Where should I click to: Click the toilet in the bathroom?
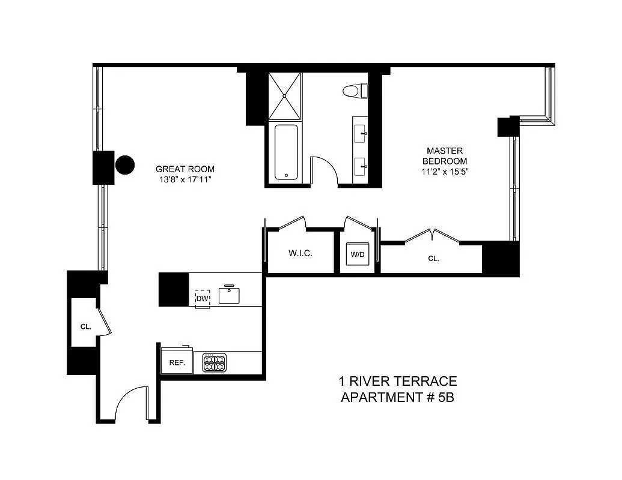[x=354, y=91]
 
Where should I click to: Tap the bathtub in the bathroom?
[x=287, y=151]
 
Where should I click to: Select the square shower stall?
[x=285, y=95]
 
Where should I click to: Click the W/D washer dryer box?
[x=358, y=254]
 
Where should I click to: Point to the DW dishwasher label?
[x=203, y=298]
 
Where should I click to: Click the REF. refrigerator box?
[x=177, y=362]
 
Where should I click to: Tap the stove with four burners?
[x=215, y=362]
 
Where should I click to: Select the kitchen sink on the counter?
[x=229, y=295]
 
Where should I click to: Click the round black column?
[x=125, y=164]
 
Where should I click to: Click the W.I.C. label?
[x=300, y=254]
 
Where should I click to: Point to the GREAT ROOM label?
[x=184, y=169]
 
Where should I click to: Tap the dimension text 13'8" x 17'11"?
[x=184, y=179]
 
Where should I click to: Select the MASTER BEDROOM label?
[x=444, y=156]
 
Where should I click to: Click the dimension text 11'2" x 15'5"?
[x=444, y=172]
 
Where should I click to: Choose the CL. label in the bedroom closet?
[x=433, y=259]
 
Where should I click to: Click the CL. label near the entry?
[x=85, y=327]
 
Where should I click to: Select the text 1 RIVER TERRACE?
[x=398, y=381]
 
